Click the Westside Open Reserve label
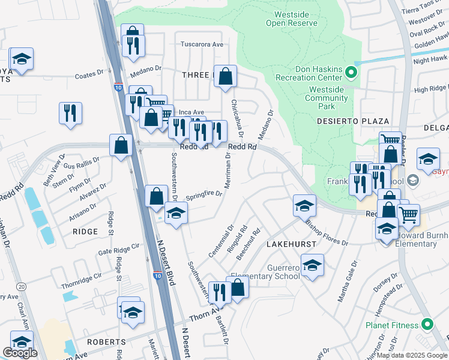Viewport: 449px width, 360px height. tap(295, 19)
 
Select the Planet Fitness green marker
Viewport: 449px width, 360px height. tap(427, 325)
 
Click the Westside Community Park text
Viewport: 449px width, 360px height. tap(326, 98)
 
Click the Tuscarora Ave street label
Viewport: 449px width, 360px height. tap(202, 44)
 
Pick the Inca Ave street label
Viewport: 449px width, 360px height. tap(191, 112)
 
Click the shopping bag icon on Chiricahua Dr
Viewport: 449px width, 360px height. tap(225, 76)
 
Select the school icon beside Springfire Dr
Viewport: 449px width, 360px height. tap(176, 213)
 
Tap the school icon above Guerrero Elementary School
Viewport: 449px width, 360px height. tap(312, 265)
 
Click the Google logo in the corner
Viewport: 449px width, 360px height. tap(20, 353)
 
